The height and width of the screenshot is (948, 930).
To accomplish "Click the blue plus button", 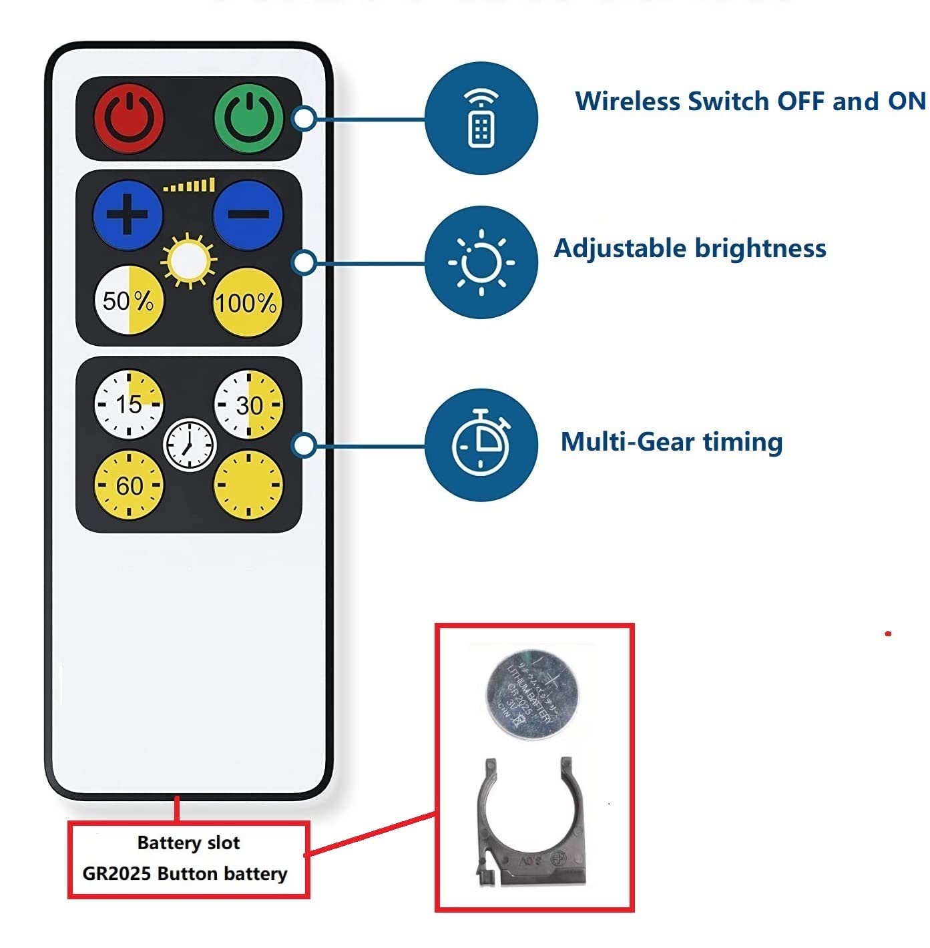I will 128,215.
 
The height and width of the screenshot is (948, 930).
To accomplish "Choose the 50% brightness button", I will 128,301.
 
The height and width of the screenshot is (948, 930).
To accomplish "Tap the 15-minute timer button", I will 128,404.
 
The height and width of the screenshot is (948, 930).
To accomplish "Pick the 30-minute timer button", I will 248,405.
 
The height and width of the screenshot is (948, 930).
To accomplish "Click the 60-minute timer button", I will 128,485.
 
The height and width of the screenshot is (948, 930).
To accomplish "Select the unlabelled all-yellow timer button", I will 248,485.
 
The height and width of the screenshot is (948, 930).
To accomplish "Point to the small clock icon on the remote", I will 190,445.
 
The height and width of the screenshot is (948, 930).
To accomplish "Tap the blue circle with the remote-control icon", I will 481,119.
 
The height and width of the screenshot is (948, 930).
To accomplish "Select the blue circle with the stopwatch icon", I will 481,444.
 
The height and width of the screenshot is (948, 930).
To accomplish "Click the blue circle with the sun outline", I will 481,262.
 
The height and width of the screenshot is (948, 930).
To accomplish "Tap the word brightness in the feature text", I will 760,248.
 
